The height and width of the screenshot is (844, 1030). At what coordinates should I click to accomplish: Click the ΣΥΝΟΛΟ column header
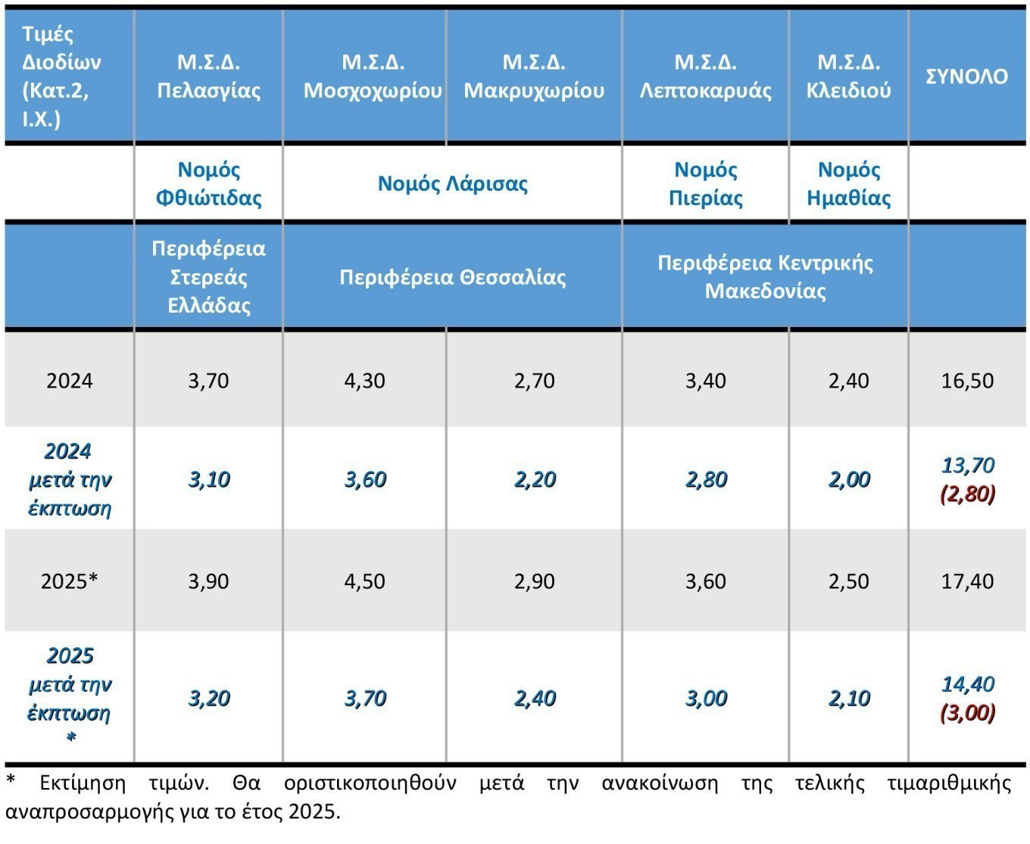[967, 76]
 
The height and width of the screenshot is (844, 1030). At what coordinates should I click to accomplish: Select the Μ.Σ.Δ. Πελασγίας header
[208, 76]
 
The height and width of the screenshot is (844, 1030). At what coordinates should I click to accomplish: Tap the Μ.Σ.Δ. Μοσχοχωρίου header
[373, 76]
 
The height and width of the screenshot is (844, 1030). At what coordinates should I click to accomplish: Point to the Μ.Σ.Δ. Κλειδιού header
[848, 76]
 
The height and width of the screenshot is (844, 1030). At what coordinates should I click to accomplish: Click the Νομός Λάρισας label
[452, 184]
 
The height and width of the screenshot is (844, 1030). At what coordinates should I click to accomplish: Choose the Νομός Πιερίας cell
[705, 184]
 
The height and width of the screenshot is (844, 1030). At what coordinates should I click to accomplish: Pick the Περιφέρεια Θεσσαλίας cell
[452, 277]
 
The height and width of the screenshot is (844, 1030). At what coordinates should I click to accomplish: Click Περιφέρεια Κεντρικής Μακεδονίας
[765, 277]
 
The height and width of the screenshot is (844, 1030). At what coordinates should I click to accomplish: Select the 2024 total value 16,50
[967, 380]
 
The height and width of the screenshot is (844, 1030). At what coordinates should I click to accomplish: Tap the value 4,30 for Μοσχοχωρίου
[364, 380]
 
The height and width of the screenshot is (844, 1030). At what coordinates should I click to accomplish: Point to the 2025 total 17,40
[967, 581]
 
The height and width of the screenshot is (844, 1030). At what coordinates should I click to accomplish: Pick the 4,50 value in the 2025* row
[364, 581]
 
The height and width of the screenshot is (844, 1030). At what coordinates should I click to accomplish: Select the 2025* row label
[69, 581]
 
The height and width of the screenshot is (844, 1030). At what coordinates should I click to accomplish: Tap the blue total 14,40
[967, 684]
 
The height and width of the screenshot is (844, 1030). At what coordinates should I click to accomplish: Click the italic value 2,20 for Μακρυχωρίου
[535, 480]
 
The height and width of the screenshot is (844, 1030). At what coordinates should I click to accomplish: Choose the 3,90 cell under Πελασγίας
[208, 581]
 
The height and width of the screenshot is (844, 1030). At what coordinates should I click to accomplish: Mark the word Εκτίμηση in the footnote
[83, 783]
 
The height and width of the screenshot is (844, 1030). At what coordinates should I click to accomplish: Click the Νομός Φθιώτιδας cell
[208, 184]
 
